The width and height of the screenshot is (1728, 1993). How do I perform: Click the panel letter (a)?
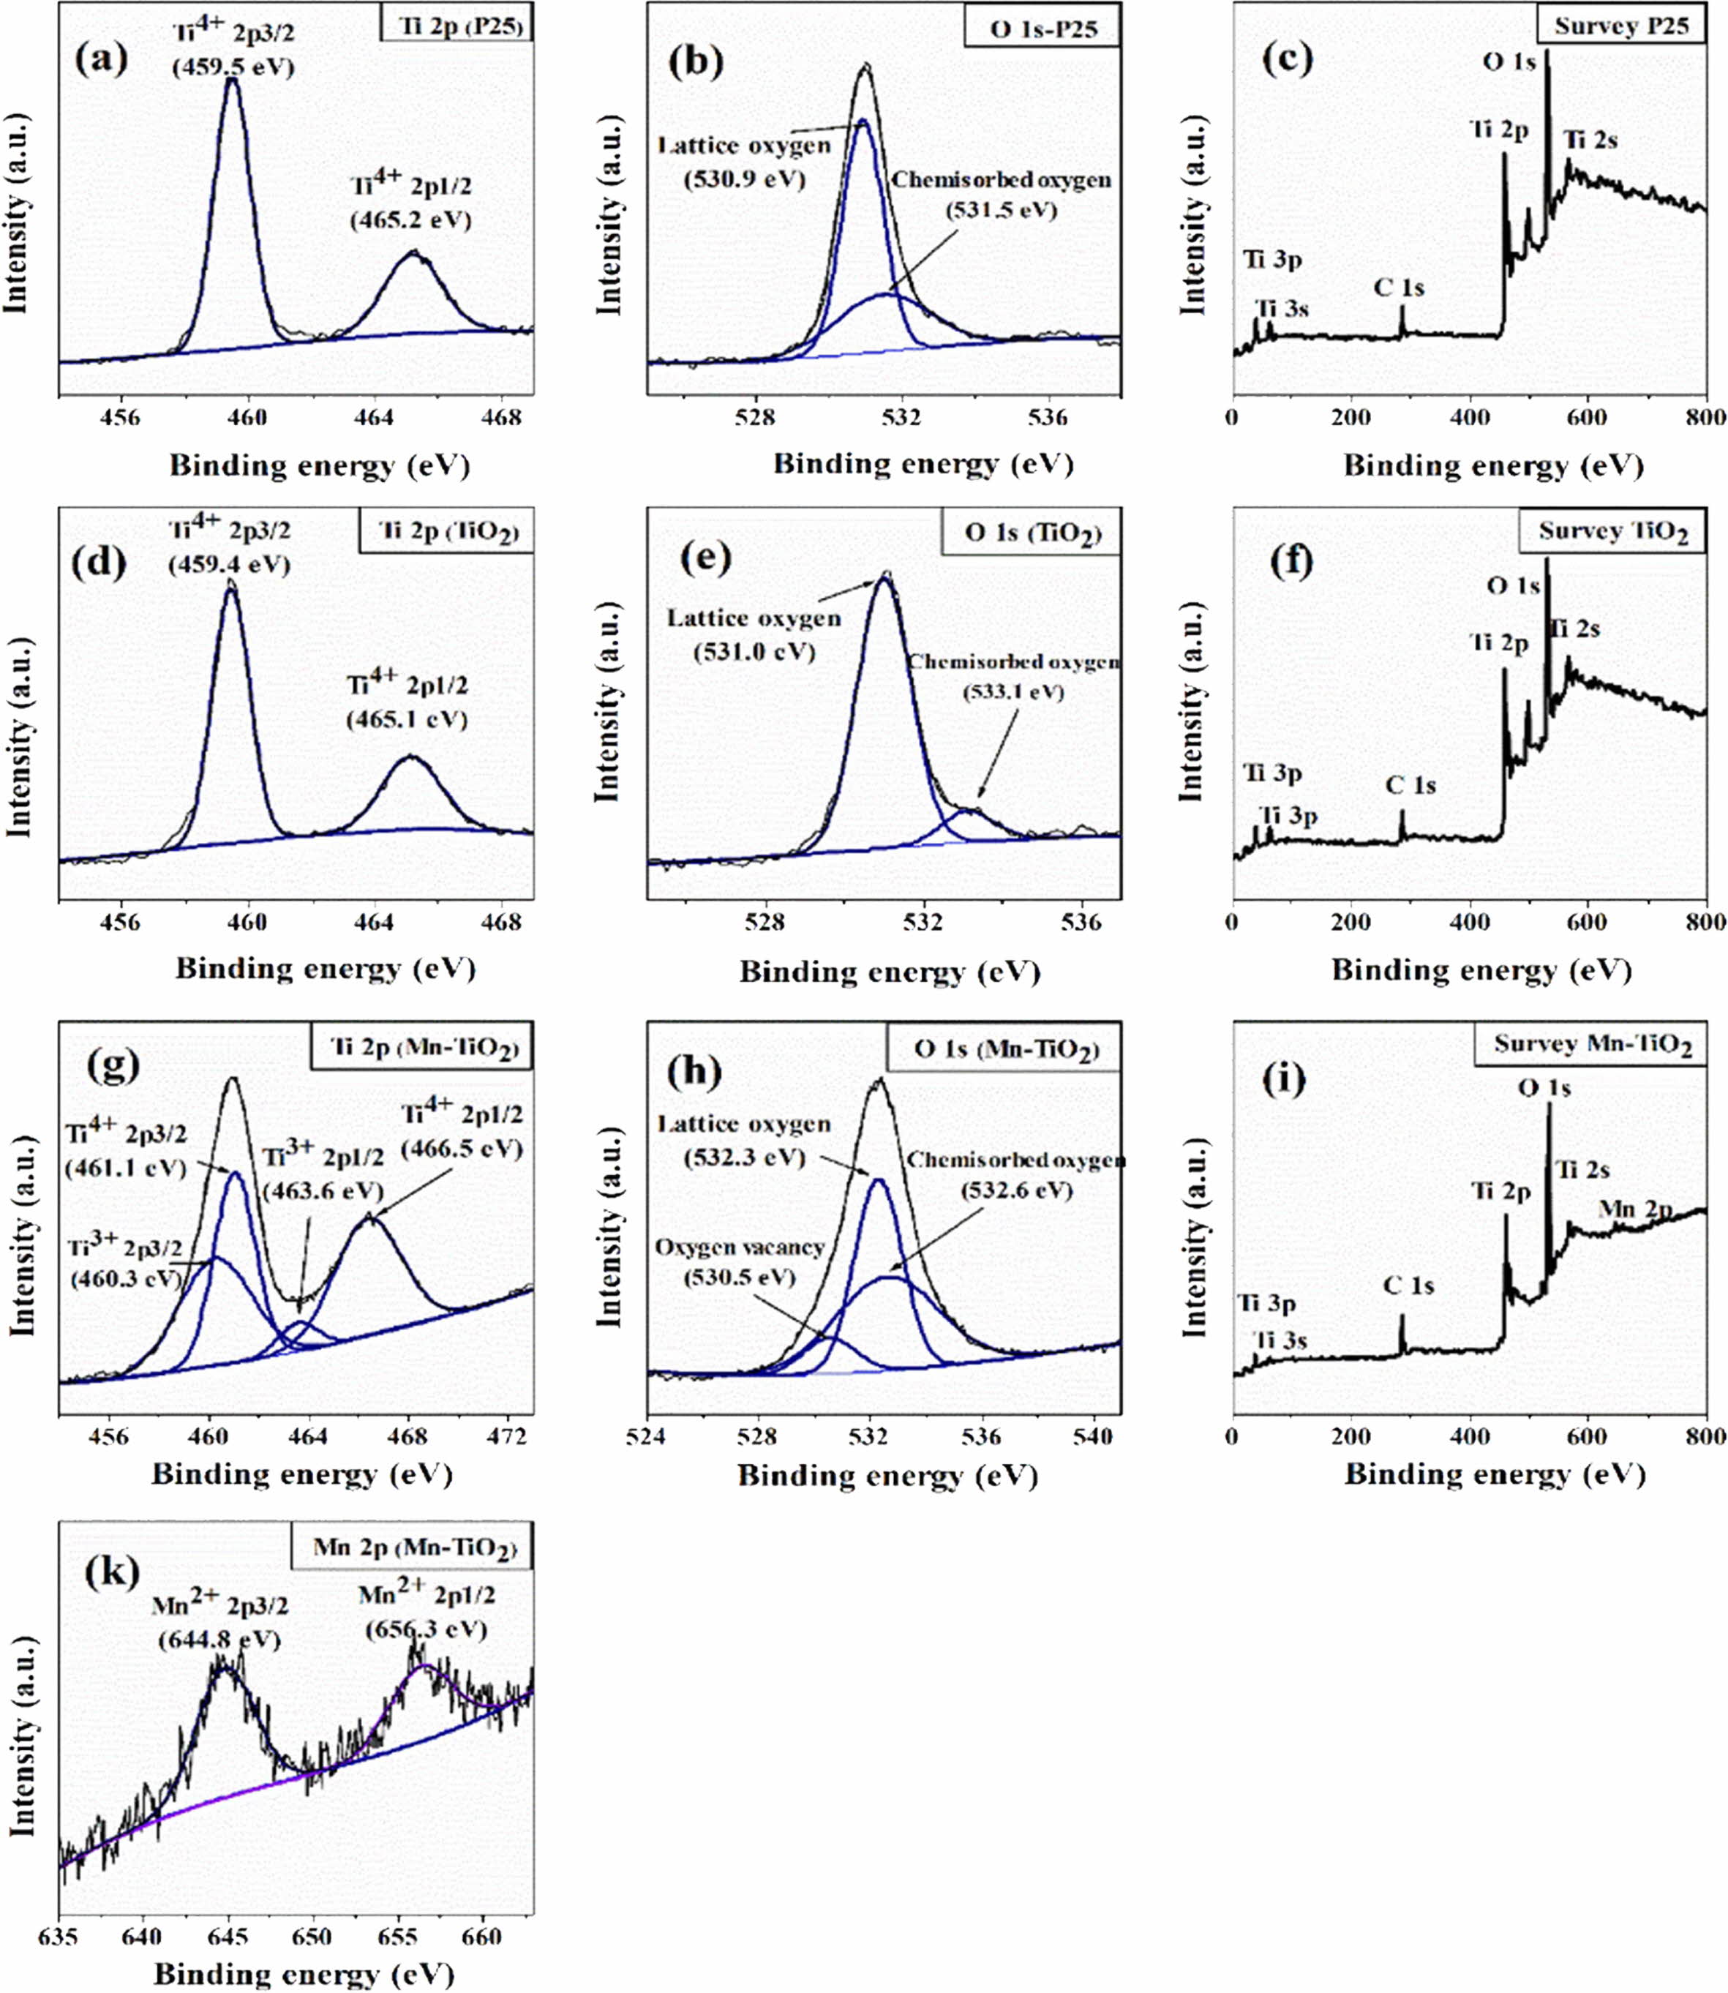(x=100, y=60)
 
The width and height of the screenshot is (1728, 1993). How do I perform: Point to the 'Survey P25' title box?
(x=1621, y=26)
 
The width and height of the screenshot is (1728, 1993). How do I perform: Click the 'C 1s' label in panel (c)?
(x=1400, y=288)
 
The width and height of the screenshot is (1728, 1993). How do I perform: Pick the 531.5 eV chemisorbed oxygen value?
(x=1001, y=210)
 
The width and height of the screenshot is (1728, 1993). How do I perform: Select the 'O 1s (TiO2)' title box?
(x=1032, y=534)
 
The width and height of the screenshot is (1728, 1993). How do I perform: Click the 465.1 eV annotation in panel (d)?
(x=406, y=719)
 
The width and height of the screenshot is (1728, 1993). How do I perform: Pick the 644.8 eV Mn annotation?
(x=219, y=1639)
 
